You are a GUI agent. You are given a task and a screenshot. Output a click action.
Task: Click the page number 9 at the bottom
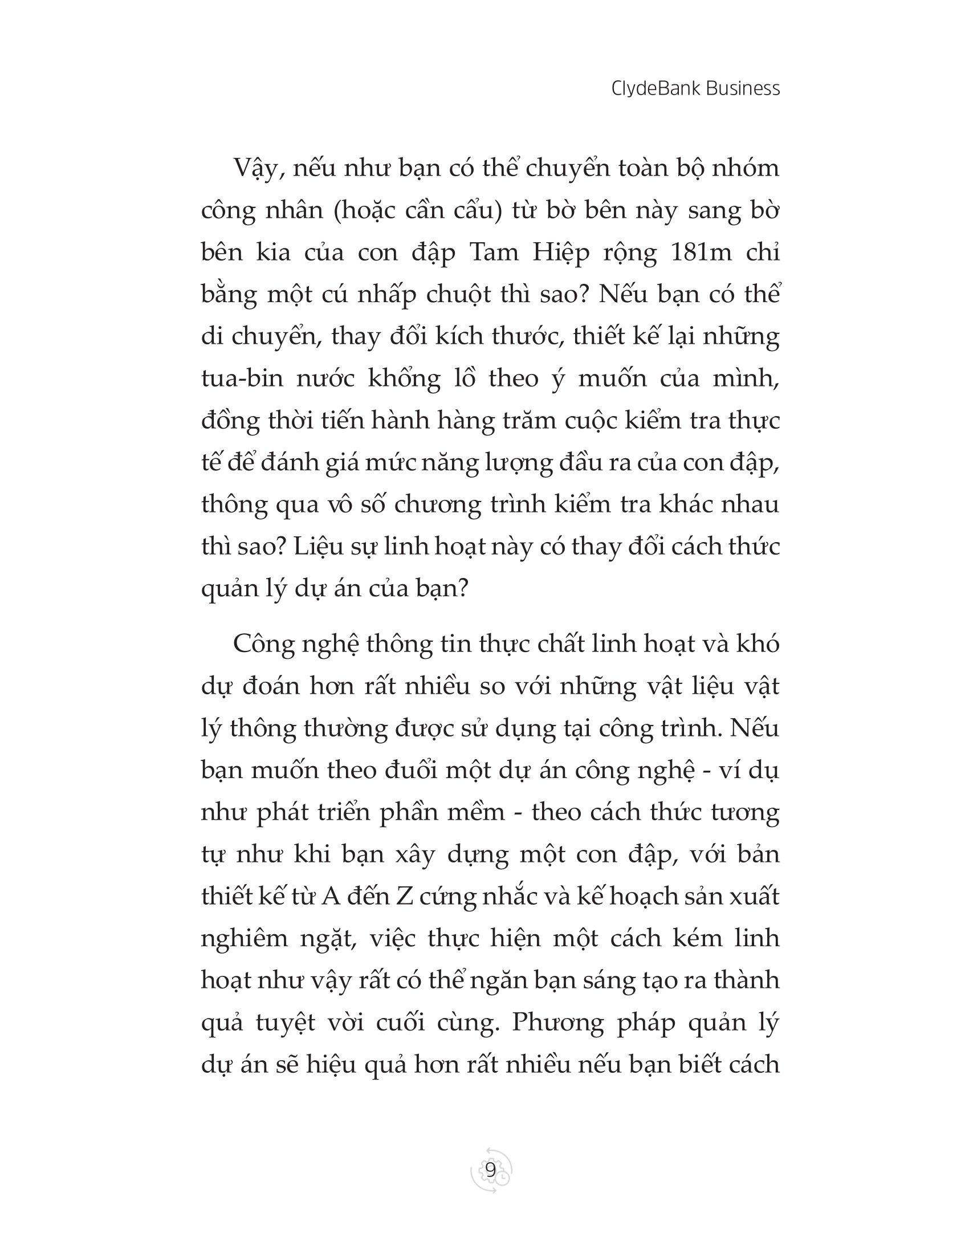click(490, 1171)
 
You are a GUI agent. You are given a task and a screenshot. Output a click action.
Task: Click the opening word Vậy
click(258, 169)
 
